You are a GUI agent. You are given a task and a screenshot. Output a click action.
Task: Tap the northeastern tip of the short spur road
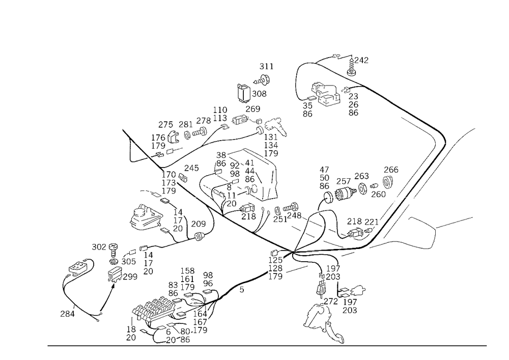(475, 128)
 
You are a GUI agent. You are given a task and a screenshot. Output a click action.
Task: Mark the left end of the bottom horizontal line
(47, 345)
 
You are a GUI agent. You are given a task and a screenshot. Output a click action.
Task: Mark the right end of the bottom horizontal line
(488, 345)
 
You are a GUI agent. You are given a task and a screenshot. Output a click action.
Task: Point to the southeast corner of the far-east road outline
(433, 250)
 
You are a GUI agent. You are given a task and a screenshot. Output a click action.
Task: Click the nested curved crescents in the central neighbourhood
(234, 176)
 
